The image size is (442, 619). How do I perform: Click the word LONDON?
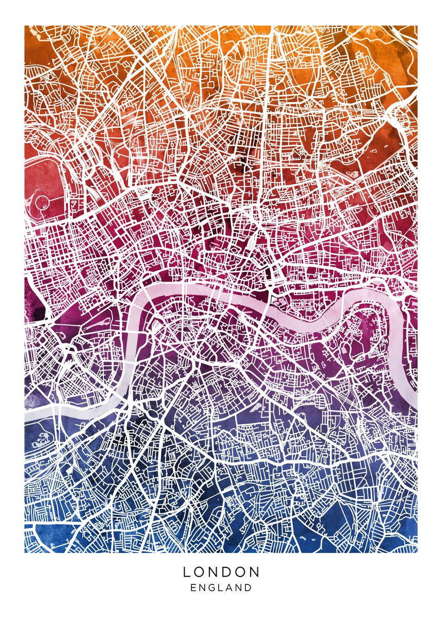[x=221, y=572]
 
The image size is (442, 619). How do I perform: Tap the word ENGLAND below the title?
[x=221, y=588]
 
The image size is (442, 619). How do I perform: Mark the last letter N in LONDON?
[x=255, y=572]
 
